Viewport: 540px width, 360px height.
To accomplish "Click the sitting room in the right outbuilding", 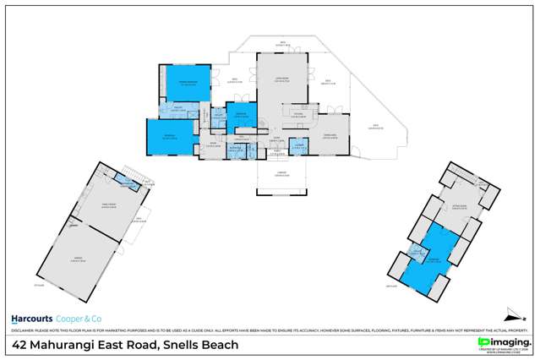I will click(460, 208).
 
